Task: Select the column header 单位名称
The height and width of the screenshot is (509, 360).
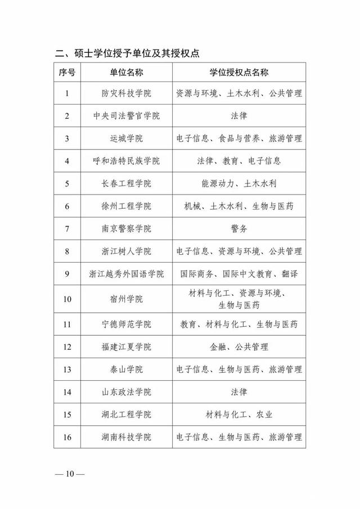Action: (127, 73)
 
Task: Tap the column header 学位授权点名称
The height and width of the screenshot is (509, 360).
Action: (238, 73)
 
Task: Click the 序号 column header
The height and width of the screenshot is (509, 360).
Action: (67, 73)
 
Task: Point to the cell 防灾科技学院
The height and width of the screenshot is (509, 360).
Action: (127, 93)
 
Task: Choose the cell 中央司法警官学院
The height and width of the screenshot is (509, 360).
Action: (127, 116)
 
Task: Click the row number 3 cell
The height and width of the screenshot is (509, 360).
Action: (67, 138)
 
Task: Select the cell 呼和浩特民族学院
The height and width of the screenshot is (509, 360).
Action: (127, 161)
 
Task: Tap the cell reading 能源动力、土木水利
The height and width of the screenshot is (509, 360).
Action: (238, 183)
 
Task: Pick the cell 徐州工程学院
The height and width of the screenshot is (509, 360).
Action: (127, 206)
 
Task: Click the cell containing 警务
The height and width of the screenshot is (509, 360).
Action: (238, 229)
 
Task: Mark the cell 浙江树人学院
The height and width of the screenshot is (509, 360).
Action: (127, 251)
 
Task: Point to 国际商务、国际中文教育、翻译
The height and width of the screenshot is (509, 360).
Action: (238, 274)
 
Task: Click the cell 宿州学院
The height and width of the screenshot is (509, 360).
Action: (127, 299)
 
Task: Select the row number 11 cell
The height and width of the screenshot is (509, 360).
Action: (67, 325)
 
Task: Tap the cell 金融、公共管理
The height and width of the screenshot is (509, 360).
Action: (238, 347)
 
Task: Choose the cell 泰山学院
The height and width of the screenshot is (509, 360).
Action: (127, 370)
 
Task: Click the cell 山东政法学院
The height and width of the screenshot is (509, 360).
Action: (127, 392)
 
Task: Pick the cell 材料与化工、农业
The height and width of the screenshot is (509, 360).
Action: (238, 415)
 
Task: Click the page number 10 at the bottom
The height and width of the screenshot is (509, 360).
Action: (70, 474)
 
